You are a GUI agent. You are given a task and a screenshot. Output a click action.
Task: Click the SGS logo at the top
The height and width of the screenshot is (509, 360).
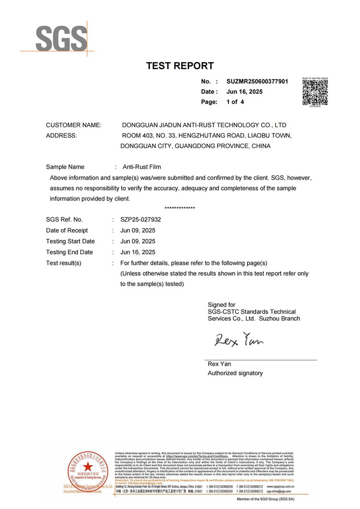tap(54, 37)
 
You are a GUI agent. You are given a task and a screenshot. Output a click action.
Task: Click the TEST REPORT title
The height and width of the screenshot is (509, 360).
tap(180, 66)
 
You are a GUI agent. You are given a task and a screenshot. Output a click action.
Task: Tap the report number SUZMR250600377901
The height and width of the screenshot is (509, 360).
tap(257, 81)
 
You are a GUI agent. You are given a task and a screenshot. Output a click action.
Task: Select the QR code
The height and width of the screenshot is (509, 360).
tap(315, 92)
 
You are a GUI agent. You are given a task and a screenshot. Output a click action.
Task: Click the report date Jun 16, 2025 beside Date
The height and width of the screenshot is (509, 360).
tap(244, 92)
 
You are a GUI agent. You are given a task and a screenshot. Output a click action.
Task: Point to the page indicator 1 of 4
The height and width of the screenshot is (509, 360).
tap(235, 102)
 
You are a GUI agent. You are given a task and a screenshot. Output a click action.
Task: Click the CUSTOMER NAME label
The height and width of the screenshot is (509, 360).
tap(73, 125)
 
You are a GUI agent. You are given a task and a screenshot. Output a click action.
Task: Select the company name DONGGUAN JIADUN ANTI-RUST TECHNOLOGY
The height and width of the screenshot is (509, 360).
tap(204, 125)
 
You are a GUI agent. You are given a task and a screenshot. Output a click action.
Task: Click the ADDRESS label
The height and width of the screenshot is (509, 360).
tap(61, 135)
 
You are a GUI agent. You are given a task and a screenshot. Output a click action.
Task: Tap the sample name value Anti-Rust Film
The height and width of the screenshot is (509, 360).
tap(142, 166)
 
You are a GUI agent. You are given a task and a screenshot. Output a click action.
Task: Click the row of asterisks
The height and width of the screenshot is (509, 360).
tap(180, 209)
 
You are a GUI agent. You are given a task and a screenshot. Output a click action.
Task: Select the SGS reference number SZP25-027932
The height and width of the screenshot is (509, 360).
tap(141, 219)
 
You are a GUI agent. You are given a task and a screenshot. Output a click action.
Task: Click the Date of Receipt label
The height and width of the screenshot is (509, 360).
tap(67, 231)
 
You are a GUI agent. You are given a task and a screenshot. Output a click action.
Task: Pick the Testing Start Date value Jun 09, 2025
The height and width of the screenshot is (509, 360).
tap(137, 241)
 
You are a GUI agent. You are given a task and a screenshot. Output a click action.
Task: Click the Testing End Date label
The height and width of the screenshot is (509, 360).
tap(69, 252)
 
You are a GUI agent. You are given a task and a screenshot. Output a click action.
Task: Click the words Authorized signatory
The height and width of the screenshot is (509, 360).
tap(235, 373)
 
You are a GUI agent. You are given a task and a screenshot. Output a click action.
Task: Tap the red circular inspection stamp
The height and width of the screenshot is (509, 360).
tap(82, 472)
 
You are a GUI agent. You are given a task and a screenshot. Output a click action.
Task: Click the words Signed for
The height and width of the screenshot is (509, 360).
tap(221, 305)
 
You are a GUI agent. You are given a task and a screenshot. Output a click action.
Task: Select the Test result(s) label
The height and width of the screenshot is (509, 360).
tap(64, 263)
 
